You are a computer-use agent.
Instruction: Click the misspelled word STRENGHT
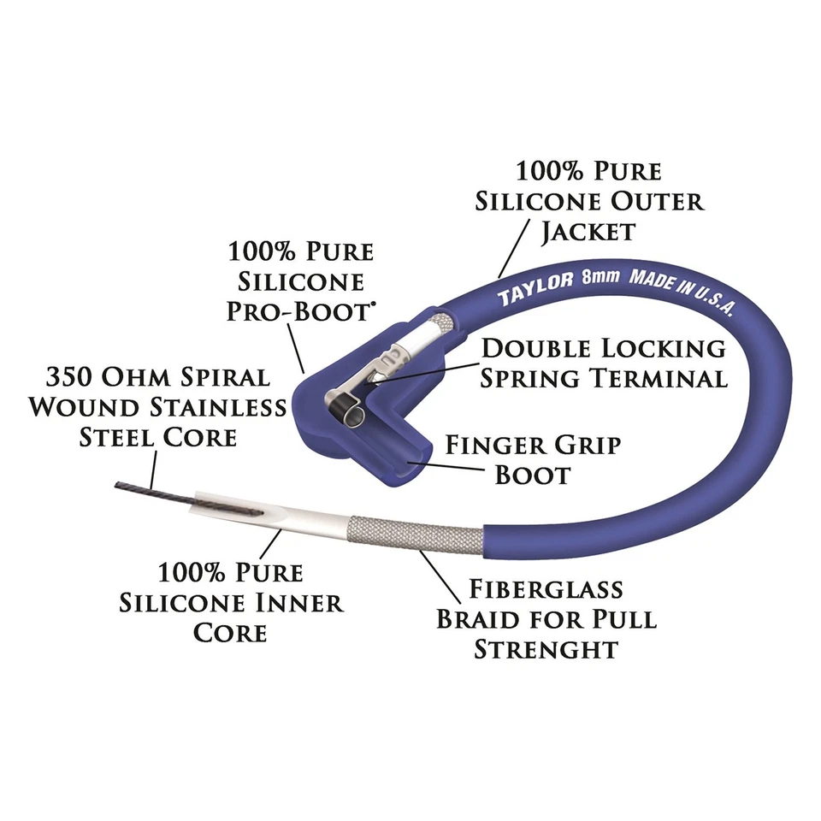pyautogui.click(x=546, y=648)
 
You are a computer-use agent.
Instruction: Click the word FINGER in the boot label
pyautogui.click(x=495, y=445)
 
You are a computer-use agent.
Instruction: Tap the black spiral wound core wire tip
pyautogui.click(x=137, y=490)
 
